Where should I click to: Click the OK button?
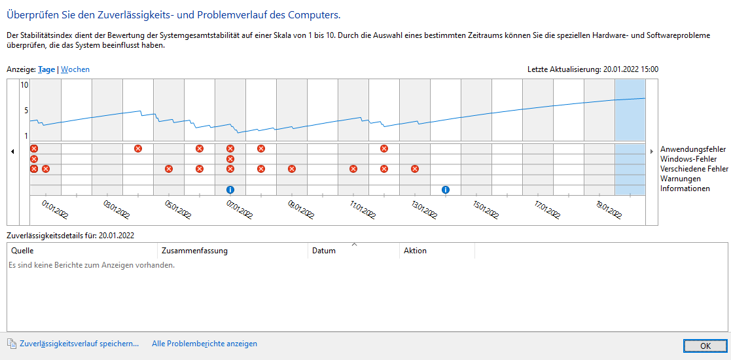pos(705,345)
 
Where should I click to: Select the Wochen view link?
pos(75,69)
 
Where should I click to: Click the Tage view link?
pos(46,69)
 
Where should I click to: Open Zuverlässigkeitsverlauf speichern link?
pos(79,344)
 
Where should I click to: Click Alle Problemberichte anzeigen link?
pos(204,344)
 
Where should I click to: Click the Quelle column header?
pos(22,251)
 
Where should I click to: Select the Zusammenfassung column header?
pos(194,251)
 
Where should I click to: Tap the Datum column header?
pos(323,251)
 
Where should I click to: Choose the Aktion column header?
pos(415,251)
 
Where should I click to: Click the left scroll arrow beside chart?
pos(13,152)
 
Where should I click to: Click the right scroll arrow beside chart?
pos(652,152)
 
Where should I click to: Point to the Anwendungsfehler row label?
pos(693,149)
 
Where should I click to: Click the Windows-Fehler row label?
pos(688,159)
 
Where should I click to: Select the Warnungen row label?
pos(681,179)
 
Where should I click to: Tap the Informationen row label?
pos(685,189)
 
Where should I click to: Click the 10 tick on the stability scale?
pos(24,85)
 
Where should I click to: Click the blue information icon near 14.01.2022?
pos(446,190)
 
